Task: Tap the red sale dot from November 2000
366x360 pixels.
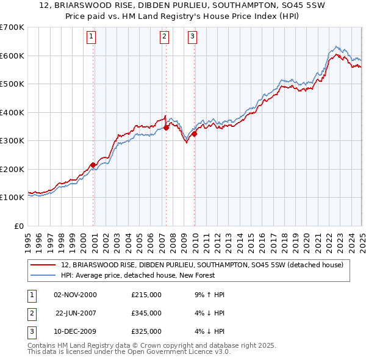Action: (x=93, y=165)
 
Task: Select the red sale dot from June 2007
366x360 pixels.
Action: (x=166, y=128)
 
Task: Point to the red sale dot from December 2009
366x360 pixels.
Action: (x=194, y=134)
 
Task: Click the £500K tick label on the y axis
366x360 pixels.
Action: (x=12, y=84)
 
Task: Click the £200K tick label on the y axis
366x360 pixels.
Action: (x=12, y=169)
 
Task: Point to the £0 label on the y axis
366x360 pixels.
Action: (x=18, y=226)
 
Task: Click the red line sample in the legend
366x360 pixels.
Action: (x=43, y=265)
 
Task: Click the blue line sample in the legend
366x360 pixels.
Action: (x=43, y=275)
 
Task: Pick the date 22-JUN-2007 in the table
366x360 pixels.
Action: (x=76, y=313)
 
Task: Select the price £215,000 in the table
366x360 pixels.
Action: (x=146, y=295)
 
